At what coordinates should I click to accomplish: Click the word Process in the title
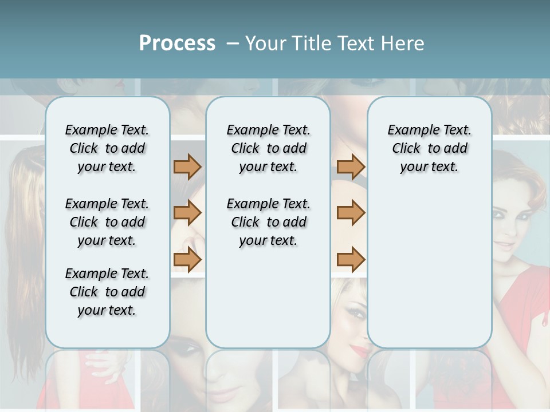coord(177,43)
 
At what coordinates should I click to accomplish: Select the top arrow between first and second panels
coord(187,167)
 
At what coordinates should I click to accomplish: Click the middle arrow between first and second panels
coord(187,213)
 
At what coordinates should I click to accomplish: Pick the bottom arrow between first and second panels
coord(187,259)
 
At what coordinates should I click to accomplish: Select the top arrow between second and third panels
coord(351,167)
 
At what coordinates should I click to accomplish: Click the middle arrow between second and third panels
coord(351,213)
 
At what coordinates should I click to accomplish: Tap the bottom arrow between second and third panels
coord(351,259)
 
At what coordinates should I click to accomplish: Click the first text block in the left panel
coord(107,148)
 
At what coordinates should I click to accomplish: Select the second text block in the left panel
coord(107,222)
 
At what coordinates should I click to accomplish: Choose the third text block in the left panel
coord(107,292)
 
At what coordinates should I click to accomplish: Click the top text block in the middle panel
coord(268,148)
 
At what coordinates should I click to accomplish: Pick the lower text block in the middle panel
coord(268,222)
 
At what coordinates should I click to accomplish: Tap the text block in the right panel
coord(429,148)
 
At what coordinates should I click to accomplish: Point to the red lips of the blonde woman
coord(361,349)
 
